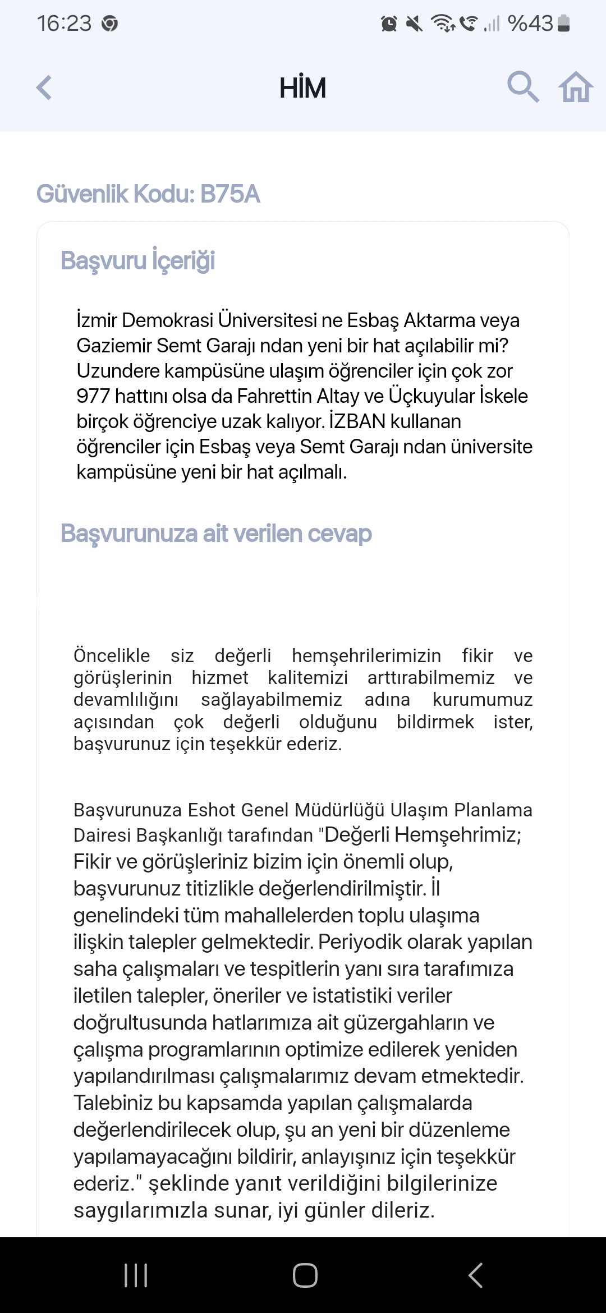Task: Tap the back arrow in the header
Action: pos(44,88)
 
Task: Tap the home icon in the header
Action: pos(575,88)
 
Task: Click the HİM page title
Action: pos(302,88)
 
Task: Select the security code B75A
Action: pos(230,194)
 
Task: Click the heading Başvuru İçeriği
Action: pos(138,261)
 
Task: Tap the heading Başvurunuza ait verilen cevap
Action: pos(216,534)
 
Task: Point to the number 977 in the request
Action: pos(93,396)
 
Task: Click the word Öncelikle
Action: pos(112,655)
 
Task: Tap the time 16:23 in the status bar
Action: pos(64,24)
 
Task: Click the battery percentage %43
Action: pos(530,24)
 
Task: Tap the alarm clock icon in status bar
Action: pos(389,24)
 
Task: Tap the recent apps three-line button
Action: pos(136,1275)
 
